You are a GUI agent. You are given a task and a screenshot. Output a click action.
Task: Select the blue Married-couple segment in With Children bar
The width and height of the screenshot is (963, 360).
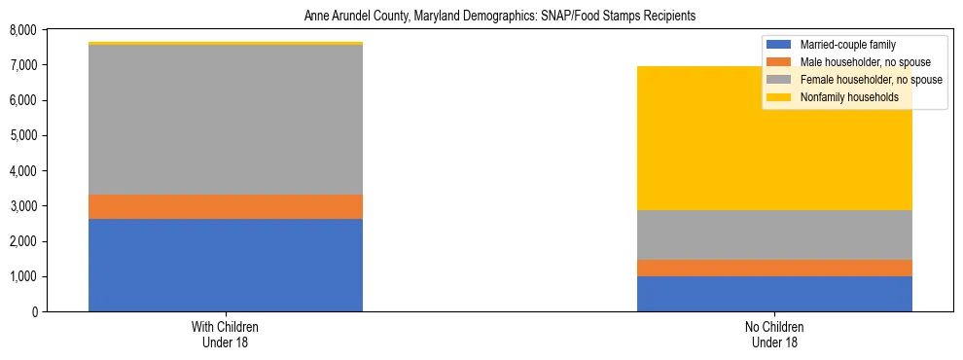[226, 265]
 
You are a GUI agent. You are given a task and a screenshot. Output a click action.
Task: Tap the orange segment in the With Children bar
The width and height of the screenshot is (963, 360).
[226, 206]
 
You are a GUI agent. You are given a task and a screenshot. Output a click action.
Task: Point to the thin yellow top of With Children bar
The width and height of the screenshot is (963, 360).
[226, 44]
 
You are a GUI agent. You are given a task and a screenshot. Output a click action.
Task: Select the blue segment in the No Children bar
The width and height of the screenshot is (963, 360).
[774, 294]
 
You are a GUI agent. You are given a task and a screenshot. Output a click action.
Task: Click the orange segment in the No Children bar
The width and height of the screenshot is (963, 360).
[774, 268]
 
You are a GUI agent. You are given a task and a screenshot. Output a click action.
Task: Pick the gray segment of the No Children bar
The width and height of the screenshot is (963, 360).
[774, 234]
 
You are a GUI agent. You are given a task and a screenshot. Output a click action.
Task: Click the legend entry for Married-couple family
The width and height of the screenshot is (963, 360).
[847, 45]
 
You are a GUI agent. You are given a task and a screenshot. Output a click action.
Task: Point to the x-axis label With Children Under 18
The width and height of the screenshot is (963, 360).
[226, 334]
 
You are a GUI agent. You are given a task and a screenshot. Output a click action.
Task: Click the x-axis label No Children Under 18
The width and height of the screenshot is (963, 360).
[774, 334]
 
